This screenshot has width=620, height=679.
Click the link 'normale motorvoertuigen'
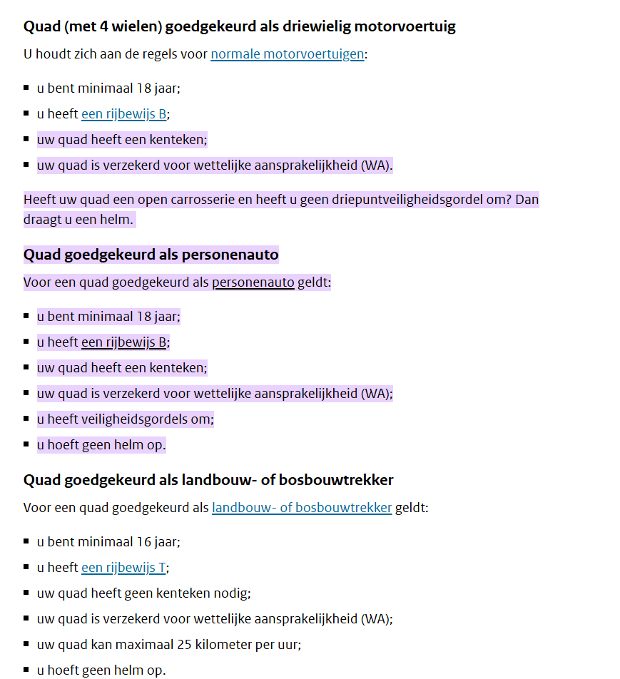[287, 54]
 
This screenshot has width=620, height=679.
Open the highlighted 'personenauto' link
[253, 282]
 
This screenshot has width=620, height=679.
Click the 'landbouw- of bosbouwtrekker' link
[301, 508]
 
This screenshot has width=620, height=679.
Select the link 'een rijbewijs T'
[123, 568]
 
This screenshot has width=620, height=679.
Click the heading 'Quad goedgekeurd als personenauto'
[151, 255]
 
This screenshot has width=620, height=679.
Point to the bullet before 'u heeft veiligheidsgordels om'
[26, 419]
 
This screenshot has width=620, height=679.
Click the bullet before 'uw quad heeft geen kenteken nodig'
[26, 593]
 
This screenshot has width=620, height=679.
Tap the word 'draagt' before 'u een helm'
[41, 220]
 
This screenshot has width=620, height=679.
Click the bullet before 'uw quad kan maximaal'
[26, 644]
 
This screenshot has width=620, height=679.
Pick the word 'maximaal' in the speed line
[143, 645]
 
